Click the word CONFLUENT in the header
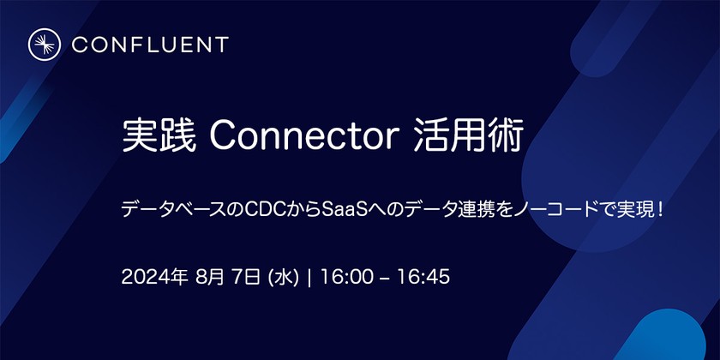coord(150,45)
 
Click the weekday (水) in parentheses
coord(283,278)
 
